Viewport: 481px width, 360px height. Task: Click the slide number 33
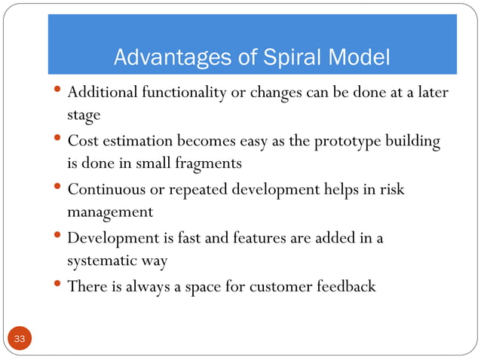point(20,340)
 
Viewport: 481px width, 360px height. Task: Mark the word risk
point(391,189)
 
